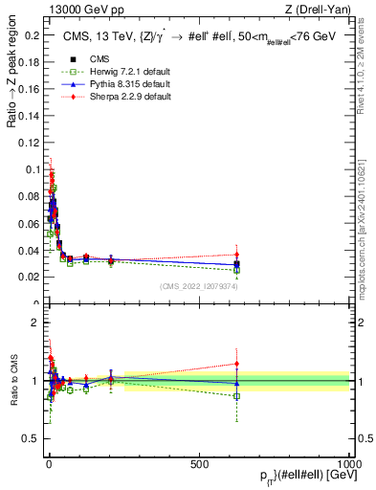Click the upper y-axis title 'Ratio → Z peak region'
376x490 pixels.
(11, 77)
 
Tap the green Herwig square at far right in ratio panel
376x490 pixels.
(236, 396)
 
